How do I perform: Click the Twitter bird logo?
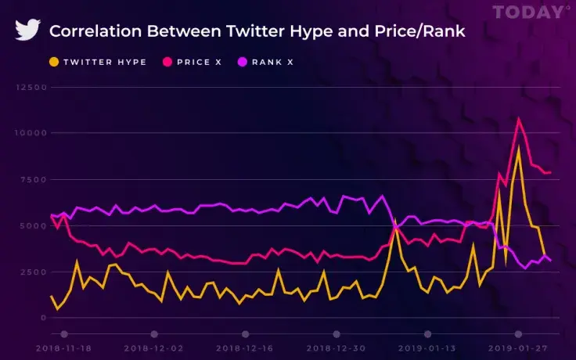(x=28, y=31)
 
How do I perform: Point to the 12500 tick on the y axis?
(x=29, y=87)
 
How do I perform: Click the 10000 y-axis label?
(x=29, y=133)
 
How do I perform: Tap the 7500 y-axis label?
(x=31, y=179)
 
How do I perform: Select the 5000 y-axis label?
(x=31, y=225)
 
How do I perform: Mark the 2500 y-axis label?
(x=31, y=272)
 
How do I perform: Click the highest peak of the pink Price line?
(x=518, y=119)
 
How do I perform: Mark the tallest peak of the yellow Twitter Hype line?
(x=518, y=148)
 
